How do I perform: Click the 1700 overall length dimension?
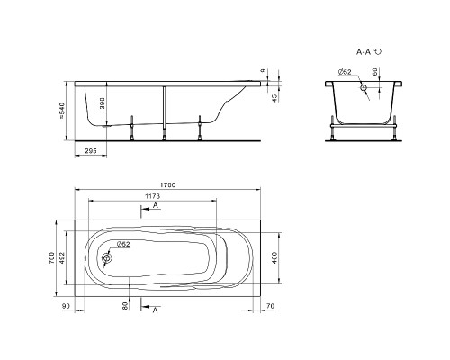167,185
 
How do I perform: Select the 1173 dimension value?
153,196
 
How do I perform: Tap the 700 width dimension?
51,258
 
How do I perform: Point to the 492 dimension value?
61,257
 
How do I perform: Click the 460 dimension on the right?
274,257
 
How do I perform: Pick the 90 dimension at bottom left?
66,306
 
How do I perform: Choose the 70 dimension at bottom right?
270,306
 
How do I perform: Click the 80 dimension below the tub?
125,305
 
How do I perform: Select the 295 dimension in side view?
91,151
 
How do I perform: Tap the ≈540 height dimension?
62,111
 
